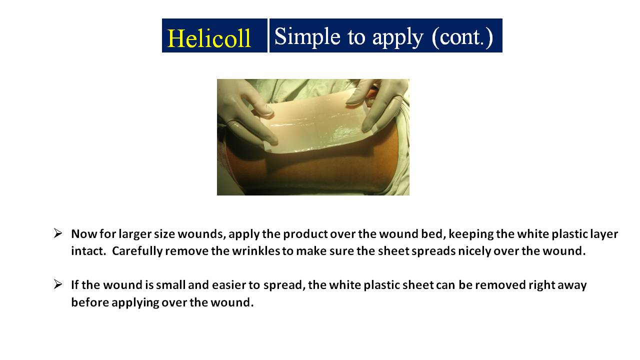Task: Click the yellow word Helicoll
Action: [209, 38]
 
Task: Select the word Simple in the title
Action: [307, 37]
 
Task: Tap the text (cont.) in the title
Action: [462, 37]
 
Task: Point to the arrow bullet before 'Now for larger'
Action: [57, 233]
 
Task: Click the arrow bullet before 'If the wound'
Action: [57, 284]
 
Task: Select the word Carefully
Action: [137, 251]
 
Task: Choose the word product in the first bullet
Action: [305, 234]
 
